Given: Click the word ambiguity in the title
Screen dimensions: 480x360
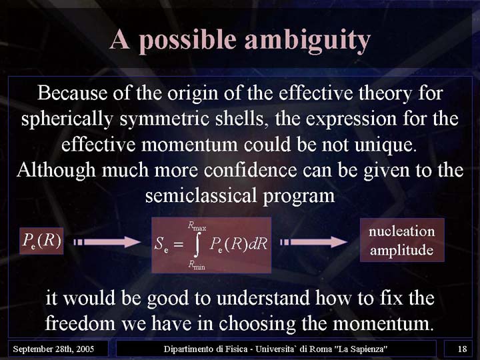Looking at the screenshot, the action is pos(307,41).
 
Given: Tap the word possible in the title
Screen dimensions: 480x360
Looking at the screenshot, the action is pos(187,40).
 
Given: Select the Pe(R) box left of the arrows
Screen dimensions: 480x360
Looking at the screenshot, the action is pos(41,241).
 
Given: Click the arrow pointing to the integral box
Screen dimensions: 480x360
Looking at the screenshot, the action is pos(107,242).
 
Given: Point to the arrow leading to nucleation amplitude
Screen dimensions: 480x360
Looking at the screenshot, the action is pos(313,242).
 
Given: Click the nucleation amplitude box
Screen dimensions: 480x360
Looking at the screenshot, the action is pos(402,240).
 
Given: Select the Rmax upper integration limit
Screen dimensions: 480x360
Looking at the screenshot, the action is pos(197,226).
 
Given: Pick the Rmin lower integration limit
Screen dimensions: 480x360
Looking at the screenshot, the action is pos(197,265).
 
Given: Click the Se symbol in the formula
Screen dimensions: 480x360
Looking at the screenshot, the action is pos(161,244).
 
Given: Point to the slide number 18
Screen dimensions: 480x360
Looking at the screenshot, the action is pos(462,349).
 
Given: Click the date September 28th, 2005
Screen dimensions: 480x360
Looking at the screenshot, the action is pos(53,349).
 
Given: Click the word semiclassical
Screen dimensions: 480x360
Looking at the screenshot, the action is pos(201,195).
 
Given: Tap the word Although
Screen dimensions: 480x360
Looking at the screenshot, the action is pos(56,169).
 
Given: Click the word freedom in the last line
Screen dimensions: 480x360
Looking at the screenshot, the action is pos(80,323).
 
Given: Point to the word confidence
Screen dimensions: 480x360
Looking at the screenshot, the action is pos(251,170).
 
